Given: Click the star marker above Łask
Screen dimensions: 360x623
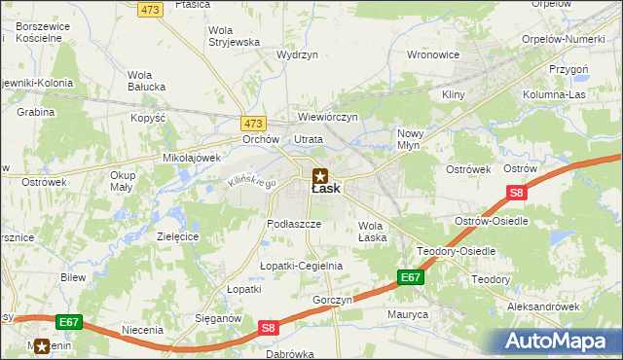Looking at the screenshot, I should coord(320,175).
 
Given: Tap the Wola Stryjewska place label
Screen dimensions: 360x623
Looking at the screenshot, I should coord(235,36).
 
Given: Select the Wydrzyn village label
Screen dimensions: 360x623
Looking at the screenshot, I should coord(298,55).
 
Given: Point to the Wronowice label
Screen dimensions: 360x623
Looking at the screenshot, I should coord(432,54).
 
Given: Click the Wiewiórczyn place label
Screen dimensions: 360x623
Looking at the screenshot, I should coord(328,117).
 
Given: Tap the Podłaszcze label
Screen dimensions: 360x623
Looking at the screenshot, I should coord(294,223).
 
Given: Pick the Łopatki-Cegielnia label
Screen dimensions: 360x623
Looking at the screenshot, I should coord(301,266).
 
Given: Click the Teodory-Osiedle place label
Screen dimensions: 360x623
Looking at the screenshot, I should coord(457,251).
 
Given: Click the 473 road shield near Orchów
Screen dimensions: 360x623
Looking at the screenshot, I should coord(253,124).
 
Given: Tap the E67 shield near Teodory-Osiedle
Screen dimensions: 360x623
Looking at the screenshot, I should coord(410,278).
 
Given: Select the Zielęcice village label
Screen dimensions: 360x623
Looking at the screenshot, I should coord(178,236).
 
